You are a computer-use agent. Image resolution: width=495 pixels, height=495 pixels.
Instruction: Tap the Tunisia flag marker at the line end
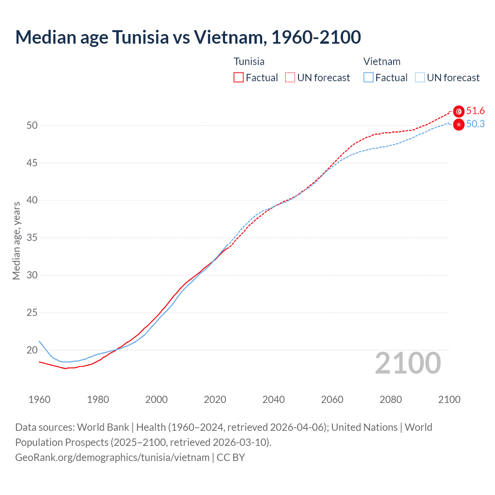tap(459, 111)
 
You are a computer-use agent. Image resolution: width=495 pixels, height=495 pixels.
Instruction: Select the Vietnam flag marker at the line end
tap(459, 125)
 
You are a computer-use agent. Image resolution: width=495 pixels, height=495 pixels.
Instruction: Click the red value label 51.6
tap(475, 111)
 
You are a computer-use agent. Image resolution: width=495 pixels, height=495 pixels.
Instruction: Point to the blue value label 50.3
tap(475, 124)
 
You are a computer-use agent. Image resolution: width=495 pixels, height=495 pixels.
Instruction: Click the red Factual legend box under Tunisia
tap(239, 78)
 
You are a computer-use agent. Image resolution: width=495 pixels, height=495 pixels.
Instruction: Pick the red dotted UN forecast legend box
tap(290, 78)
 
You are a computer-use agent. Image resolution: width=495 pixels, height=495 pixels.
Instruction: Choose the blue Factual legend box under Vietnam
tap(369, 78)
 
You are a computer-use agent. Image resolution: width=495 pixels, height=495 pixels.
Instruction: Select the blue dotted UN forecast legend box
tap(420, 78)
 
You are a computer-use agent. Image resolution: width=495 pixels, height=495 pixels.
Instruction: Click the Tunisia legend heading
tap(249, 61)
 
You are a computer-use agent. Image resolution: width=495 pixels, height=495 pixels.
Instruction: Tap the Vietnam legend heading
tap(382, 61)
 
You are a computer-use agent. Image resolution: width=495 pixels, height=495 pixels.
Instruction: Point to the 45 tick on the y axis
tap(32, 163)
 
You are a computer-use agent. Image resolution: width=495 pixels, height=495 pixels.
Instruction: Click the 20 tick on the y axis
tap(32, 350)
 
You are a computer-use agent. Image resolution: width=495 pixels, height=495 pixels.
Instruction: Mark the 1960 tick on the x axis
tap(39, 399)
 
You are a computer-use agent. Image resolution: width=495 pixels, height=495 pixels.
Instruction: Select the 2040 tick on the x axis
tap(273, 399)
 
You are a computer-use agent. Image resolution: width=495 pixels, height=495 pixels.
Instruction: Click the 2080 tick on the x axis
tap(391, 399)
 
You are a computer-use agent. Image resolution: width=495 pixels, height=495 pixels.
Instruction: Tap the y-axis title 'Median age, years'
tap(16, 241)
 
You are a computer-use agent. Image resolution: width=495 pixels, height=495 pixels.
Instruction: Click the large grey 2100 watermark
tap(408, 363)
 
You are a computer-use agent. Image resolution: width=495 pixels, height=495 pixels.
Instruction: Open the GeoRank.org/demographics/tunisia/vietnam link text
tap(112, 457)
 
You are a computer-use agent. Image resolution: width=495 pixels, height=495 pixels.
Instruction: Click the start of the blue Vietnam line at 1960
tap(39, 341)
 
